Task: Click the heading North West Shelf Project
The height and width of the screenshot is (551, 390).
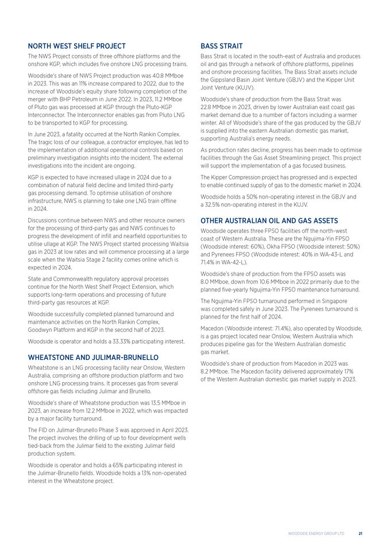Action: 77,45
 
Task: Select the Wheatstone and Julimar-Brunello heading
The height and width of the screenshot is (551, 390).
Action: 85,356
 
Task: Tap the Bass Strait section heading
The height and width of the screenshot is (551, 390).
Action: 222,45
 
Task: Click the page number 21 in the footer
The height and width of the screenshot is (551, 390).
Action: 360,533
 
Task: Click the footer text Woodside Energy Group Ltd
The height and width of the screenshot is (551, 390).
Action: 316,533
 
